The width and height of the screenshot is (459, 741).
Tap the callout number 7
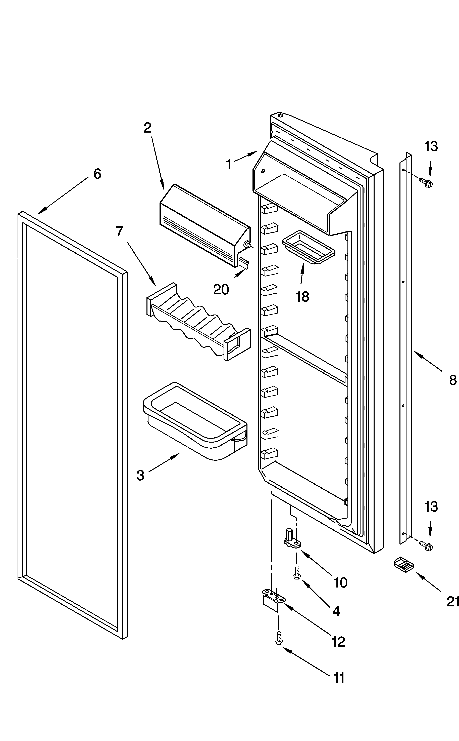(120, 231)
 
